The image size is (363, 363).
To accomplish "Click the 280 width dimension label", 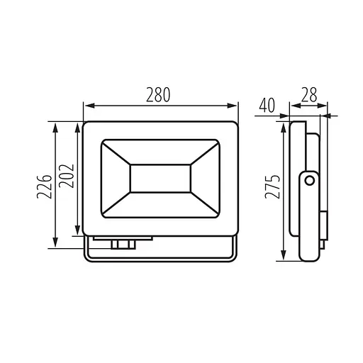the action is [x=158, y=95].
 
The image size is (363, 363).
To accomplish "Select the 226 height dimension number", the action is [x=44, y=186].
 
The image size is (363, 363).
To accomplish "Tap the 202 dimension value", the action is [x=67, y=176].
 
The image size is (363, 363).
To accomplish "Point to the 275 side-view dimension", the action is [x=272, y=186].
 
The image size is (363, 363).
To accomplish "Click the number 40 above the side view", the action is [x=267, y=106].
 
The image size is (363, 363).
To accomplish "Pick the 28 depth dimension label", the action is [x=309, y=95].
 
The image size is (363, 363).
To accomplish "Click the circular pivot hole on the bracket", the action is [x=310, y=181].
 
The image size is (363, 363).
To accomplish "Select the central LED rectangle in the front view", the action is [x=160, y=179].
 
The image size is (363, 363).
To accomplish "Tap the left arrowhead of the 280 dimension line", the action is [x=89, y=106].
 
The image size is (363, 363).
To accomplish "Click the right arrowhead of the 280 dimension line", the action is [x=232, y=106].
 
